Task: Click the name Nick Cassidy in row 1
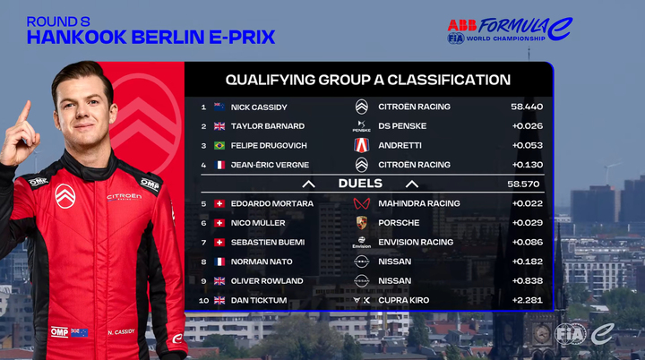pos(259,107)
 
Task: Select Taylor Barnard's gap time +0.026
pos(528,126)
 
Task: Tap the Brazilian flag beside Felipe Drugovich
pos(219,146)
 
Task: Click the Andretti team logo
pos(362,145)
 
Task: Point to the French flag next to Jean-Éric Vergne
pos(219,165)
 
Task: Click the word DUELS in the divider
pos(360,184)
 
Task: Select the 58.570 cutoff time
pos(523,184)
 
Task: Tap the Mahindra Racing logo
pos(362,203)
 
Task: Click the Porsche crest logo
pos(362,223)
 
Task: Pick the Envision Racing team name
pos(416,242)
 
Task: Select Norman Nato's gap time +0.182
pos(528,261)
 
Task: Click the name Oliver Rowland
pos(267,281)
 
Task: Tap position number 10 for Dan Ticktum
pos(203,300)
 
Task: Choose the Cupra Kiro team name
pos(403,300)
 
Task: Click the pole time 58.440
pos(527,107)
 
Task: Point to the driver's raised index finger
pos(24,112)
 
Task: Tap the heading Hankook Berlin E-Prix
pos(151,37)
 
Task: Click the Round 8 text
pos(58,21)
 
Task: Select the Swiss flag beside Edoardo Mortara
pos(219,203)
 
